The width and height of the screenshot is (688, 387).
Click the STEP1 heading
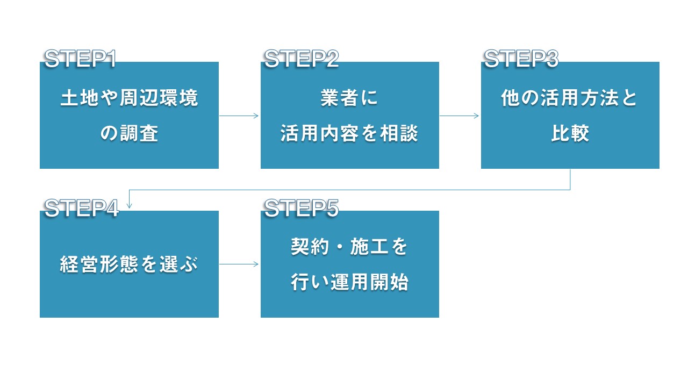(x=80, y=59)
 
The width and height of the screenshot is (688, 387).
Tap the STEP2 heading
(x=302, y=59)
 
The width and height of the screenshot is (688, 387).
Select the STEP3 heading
(x=521, y=59)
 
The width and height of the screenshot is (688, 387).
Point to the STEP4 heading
(x=81, y=208)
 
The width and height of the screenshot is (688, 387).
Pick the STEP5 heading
(x=302, y=208)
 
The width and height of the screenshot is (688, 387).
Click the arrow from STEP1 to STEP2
(x=239, y=116)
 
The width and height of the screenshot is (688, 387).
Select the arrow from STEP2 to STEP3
(x=459, y=116)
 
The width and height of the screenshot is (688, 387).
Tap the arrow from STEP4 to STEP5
(x=239, y=264)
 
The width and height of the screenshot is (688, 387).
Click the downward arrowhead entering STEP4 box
(x=130, y=206)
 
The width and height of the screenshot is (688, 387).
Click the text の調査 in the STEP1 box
(x=130, y=133)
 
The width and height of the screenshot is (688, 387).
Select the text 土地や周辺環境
(x=130, y=98)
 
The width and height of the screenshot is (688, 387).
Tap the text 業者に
(x=349, y=98)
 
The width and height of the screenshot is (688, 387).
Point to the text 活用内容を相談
(x=349, y=133)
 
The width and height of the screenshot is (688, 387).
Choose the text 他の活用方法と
(x=569, y=98)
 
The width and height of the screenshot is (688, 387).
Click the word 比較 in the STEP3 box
(x=570, y=133)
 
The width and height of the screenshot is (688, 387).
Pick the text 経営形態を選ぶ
(x=129, y=264)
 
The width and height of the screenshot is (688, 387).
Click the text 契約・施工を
(x=349, y=247)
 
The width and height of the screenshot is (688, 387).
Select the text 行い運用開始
(x=349, y=282)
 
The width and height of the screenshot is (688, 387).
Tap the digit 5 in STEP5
(x=332, y=208)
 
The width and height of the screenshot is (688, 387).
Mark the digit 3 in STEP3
(x=552, y=59)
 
